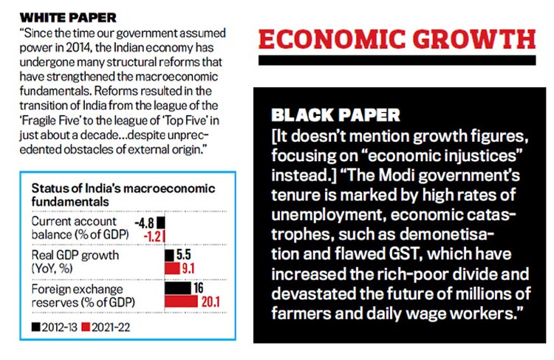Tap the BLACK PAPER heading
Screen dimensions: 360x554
click(336, 115)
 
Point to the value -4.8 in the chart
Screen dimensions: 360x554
click(143, 222)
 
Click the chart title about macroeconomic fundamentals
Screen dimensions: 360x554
click(100, 194)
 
